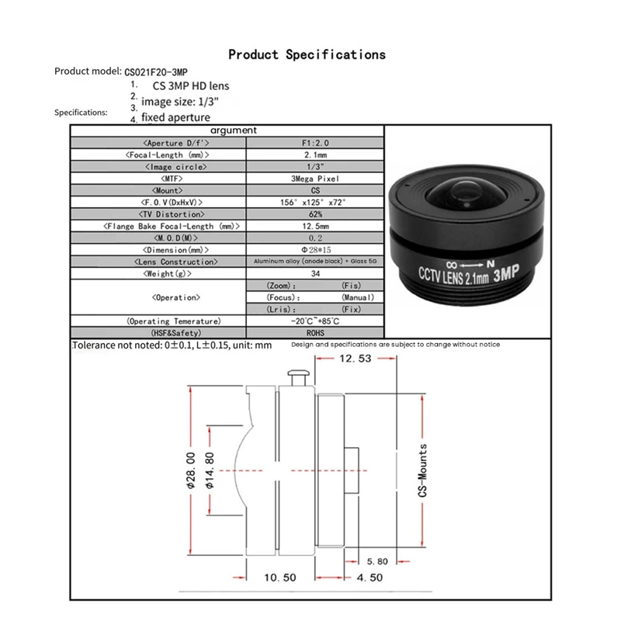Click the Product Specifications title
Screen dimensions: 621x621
click(307, 54)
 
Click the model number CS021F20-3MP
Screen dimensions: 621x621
click(161, 71)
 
